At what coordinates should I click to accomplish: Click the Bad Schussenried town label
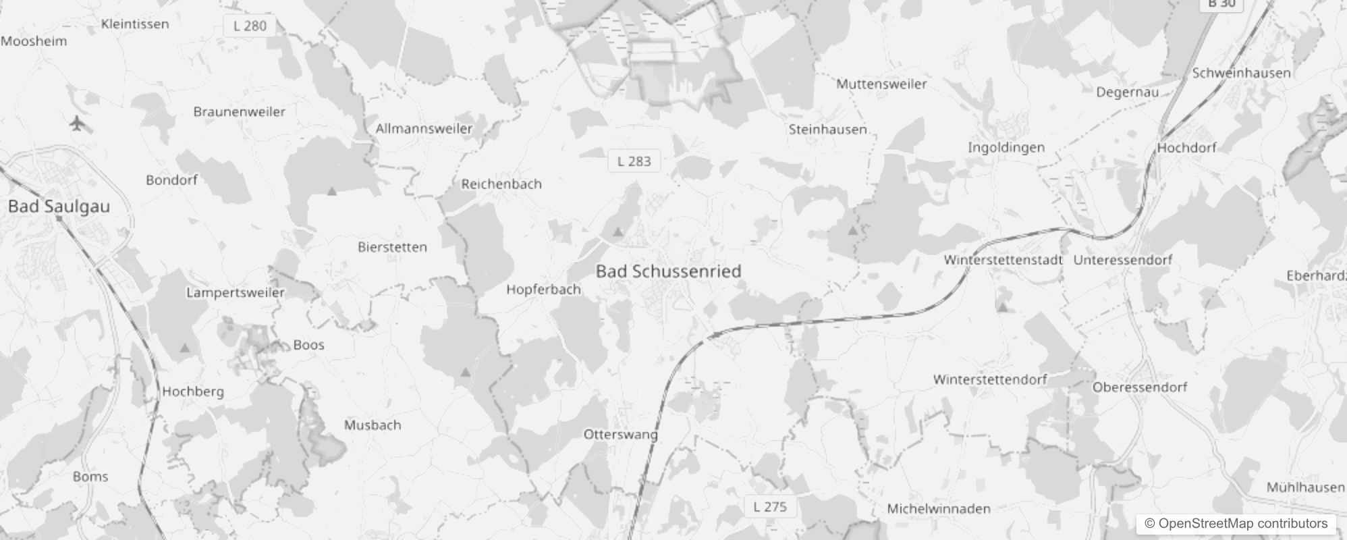tap(668, 271)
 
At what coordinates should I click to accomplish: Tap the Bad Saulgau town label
tap(59, 207)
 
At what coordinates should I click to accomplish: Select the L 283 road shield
tap(634, 161)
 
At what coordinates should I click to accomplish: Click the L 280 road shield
tap(250, 26)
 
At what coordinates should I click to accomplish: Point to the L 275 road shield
tap(770, 507)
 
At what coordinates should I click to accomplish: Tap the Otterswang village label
tap(620, 435)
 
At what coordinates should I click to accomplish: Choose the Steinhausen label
tap(827, 129)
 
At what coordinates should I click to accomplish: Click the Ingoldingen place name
tap(1006, 147)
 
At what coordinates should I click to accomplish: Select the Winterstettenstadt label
tap(1003, 260)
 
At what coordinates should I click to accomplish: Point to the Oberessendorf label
tap(1139, 387)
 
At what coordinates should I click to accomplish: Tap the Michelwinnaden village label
tap(938, 509)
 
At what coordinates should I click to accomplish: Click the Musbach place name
tap(373, 425)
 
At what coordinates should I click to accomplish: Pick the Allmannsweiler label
tap(424, 128)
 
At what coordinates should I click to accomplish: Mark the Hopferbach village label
tap(543, 290)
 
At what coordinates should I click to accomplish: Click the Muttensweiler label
tap(881, 84)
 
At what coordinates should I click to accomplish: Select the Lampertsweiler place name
tap(235, 293)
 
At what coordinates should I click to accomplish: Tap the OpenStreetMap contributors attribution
tap(1236, 524)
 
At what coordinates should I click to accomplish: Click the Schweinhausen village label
tap(1241, 73)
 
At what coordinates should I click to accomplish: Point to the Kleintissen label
tap(135, 24)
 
